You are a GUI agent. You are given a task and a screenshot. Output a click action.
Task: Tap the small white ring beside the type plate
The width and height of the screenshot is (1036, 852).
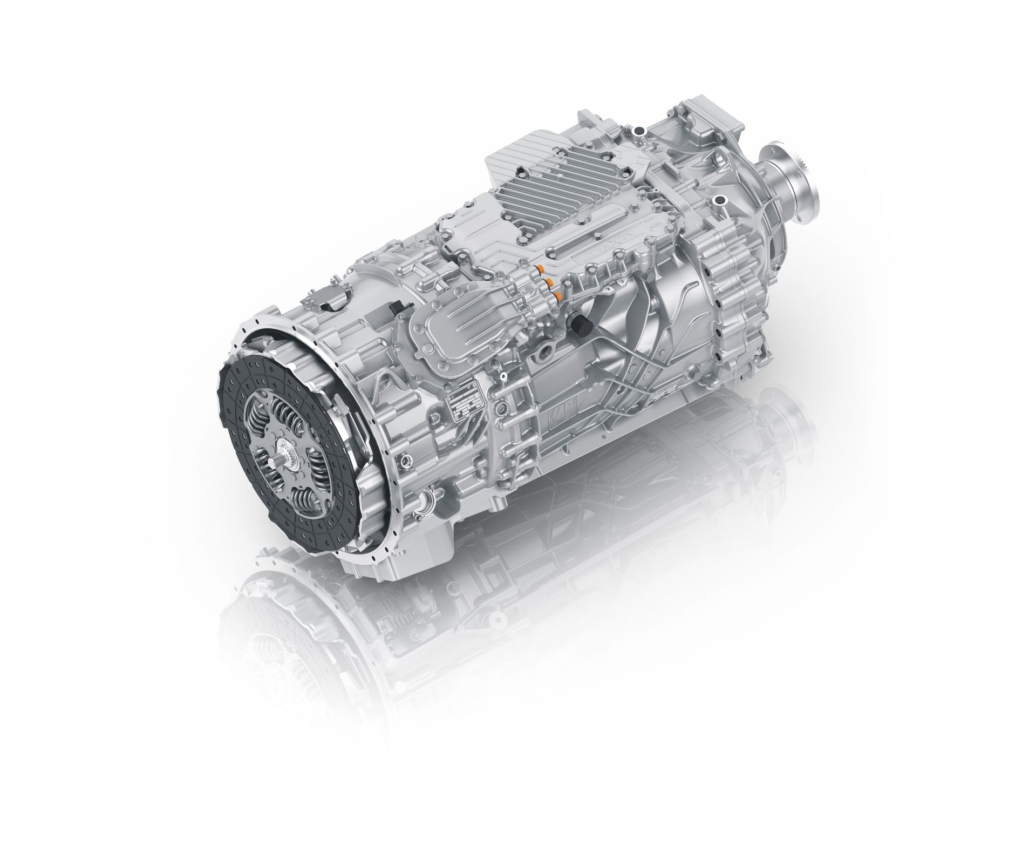503,376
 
